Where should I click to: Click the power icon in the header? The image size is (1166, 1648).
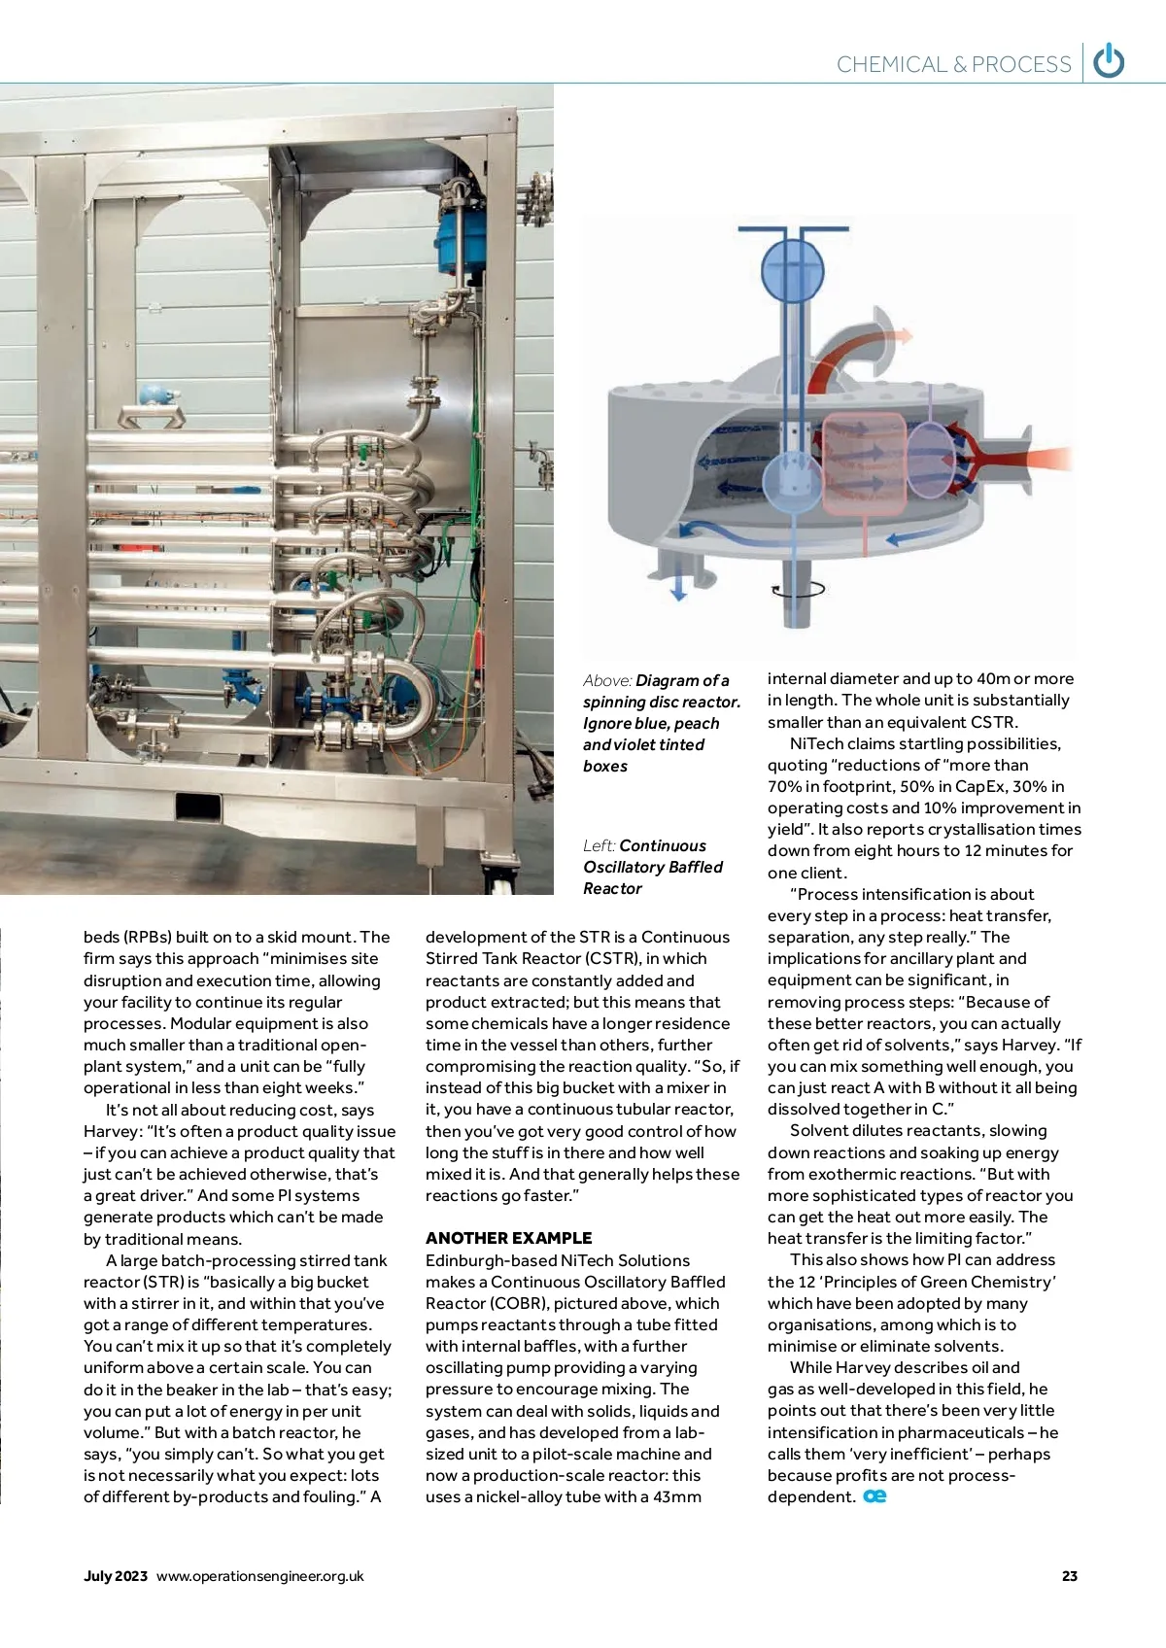pos(1109,61)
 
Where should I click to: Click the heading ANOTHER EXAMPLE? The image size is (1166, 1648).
pos(508,1238)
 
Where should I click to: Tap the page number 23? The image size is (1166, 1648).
pos(1070,1576)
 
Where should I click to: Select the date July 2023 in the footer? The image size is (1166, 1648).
pos(116,1576)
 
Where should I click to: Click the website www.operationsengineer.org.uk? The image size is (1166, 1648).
pos(259,1576)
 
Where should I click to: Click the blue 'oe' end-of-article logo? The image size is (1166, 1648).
pos(874,1496)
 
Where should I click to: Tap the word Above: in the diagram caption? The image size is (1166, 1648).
pos(607,680)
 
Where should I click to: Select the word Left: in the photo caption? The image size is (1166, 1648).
pos(599,845)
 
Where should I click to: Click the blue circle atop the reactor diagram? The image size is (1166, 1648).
pos(792,267)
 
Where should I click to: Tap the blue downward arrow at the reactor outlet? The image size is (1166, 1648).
pos(678,586)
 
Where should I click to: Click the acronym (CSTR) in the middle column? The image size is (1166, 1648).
pos(613,959)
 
